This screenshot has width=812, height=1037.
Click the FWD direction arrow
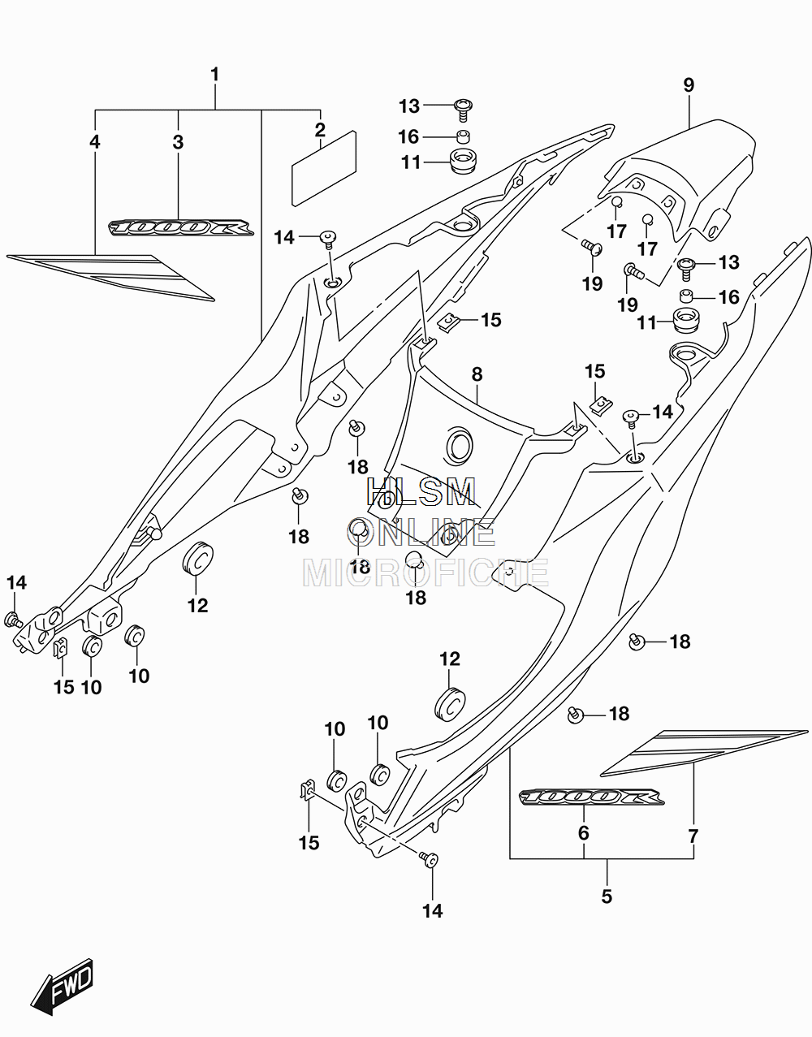(x=61, y=983)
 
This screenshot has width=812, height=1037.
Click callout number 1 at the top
(x=215, y=75)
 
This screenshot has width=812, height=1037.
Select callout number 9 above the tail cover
(x=689, y=85)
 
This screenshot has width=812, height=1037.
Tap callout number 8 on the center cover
(x=477, y=374)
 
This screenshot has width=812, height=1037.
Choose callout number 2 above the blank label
(x=320, y=129)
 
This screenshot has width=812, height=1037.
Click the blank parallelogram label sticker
(x=324, y=168)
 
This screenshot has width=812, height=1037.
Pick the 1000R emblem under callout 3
(x=181, y=227)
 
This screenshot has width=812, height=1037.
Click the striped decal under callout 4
(x=110, y=277)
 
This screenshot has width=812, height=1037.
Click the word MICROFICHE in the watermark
(x=425, y=573)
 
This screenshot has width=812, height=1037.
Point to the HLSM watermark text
(x=421, y=491)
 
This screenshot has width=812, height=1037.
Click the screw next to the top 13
(x=463, y=110)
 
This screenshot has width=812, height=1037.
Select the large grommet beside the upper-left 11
(x=464, y=162)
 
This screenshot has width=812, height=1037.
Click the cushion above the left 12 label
(x=197, y=556)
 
